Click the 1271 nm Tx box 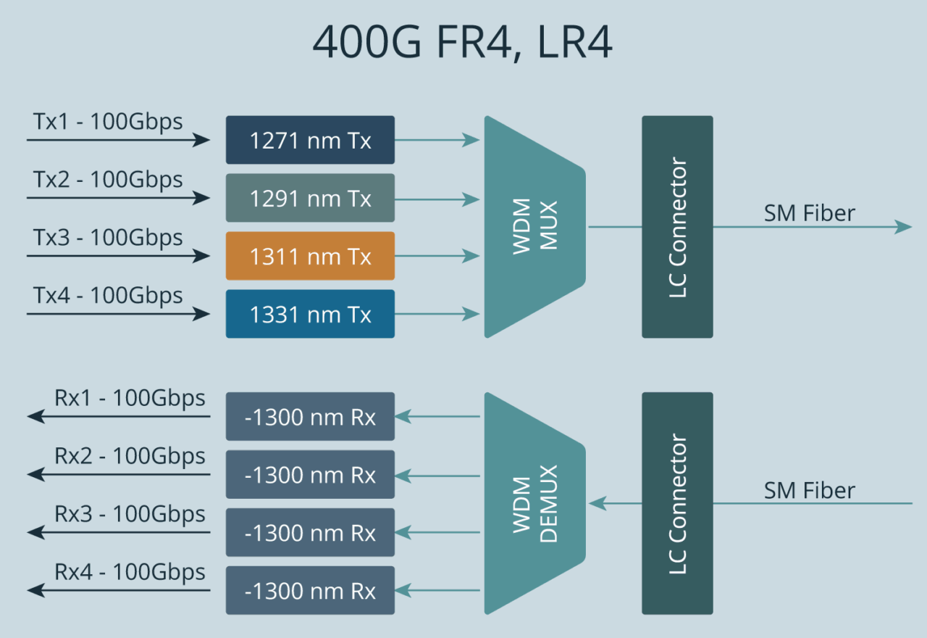tap(310, 140)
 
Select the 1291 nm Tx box tap(310, 198)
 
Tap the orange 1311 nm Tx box tap(310, 256)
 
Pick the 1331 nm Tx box tap(310, 314)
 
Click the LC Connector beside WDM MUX tap(677, 227)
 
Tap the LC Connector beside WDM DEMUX tap(677, 503)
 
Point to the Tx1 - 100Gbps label tap(108, 121)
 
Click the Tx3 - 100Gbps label tap(108, 237)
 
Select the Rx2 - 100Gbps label tap(130, 456)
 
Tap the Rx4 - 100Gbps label tap(130, 572)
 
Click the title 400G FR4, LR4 tap(463, 43)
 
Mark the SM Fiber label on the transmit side tap(809, 213)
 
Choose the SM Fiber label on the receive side tap(809, 490)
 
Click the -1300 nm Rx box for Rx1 tap(310, 417)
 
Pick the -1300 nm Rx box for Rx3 tap(310, 533)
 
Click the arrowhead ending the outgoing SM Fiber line tap(903, 227)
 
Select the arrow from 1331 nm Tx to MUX tap(437, 314)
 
